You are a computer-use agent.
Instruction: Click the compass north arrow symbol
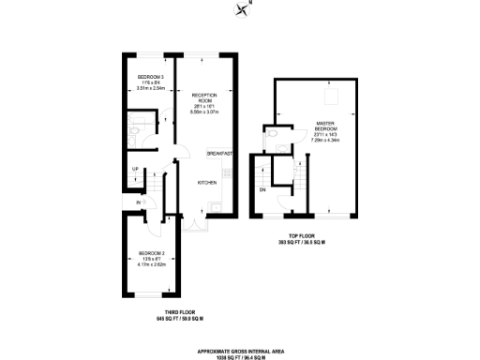click(244, 10)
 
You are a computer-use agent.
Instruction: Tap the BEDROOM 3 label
click(150, 77)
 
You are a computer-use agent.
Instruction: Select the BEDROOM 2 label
click(150, 253)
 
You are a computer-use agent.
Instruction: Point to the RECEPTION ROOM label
click(204, 97)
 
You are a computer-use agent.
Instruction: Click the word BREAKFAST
click(219, 153)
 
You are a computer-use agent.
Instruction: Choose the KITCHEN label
click(207, 183)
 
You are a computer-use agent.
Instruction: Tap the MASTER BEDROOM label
click(326, 125)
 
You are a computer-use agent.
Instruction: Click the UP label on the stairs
click(136, 169)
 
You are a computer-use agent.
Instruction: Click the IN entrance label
click(138, 202)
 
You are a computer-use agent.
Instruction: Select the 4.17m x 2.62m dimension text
click(150, 265)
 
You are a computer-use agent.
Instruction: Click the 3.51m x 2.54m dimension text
click(150, 89)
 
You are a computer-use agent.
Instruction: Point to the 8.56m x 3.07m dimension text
click(204, 112)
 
